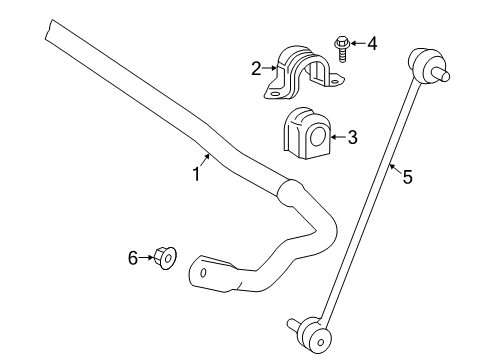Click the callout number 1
coord(197,174)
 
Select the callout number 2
coord(256,68)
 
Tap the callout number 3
coord(351,138)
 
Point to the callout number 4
coord(372,43)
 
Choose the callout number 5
coord(406,177)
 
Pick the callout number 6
coord(132,259)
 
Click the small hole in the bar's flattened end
coord(203,272)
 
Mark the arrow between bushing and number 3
coord(336,138)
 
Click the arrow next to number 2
coord(270,68)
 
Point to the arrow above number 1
coord(205,157)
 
